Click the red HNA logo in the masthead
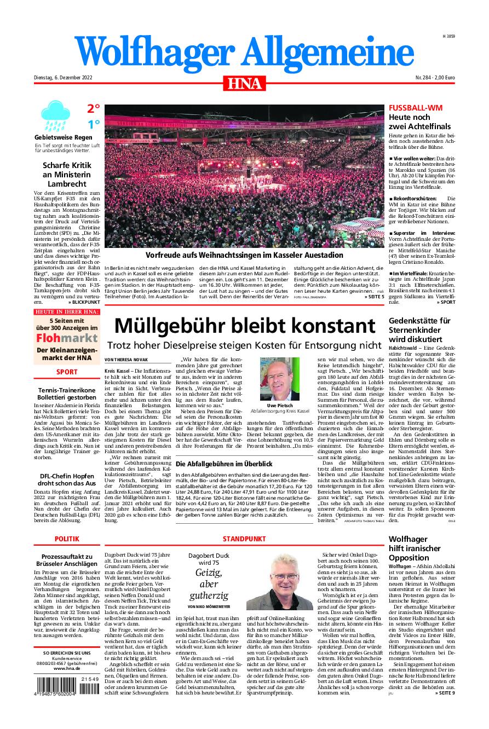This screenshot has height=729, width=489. tap(244, 84)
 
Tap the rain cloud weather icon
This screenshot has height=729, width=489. tap(54, 116)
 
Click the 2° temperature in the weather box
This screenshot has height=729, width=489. tap(93, 108)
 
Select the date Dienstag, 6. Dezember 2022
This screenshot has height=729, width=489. tap(63, 78)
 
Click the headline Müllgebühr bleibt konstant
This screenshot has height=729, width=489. tap(244, 326)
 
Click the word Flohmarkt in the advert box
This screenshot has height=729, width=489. tap(67, 338)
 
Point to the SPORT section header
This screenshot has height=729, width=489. tap(67, 372)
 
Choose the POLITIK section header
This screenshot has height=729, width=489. tap(67, 539)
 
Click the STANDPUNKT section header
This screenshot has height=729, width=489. tap(244, 539)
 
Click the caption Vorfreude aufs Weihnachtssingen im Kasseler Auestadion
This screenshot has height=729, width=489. tap(244, 255)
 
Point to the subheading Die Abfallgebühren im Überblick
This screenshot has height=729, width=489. tap(224, 464)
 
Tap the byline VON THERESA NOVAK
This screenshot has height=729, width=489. tap(125, 360)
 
